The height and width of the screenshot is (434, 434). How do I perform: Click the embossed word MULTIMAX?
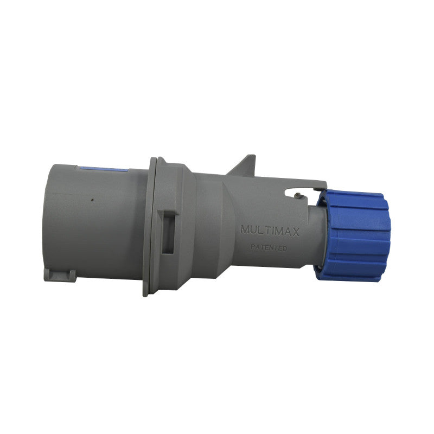point(270,229)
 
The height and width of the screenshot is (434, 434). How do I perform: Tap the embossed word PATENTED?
point(269,247)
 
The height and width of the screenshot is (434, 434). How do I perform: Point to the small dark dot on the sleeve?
point(92,200)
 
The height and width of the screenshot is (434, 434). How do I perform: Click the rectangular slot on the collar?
point(169,232)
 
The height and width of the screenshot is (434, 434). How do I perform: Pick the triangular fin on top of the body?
point(244,167)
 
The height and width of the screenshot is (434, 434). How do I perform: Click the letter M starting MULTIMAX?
point(245,229)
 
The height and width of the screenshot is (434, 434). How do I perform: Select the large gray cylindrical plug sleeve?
point(92,222)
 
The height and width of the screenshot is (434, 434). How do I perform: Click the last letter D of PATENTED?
point(285,248)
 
